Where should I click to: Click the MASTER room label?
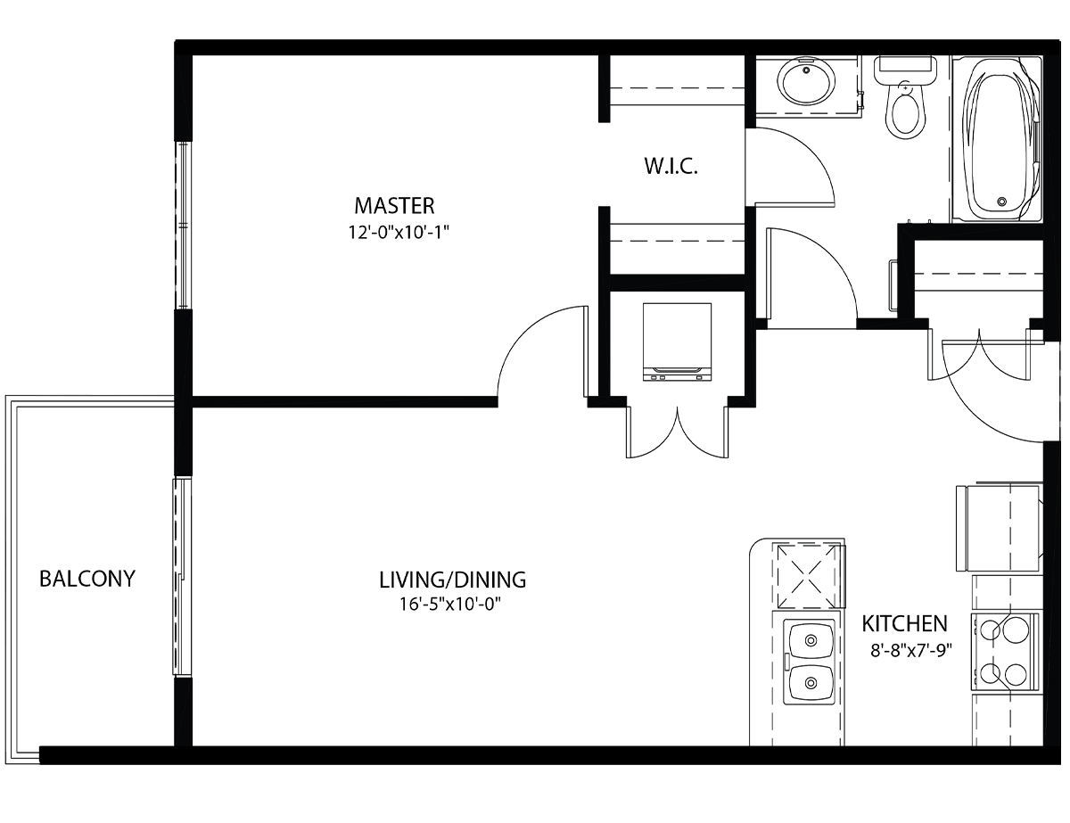click(x=394, y=206)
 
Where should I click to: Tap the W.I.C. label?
click(x=671, y=167)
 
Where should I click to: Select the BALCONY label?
click(x=87, y=579)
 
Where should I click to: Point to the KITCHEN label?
click(x=904, y=623)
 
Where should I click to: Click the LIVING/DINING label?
click(x=453, y=580)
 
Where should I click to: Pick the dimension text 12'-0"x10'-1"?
click(x=399, y=232)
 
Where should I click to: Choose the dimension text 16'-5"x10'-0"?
click(x=450, y=604)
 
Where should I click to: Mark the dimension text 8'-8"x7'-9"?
click(x=911, y=651)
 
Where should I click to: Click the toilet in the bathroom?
click(x=905, y=97)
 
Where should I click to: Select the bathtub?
click(x=997, y=139)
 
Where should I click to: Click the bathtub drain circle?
click(x=1002, y=202)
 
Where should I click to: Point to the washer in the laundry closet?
click(x=677, y=342)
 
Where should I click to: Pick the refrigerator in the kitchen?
click(x=1000, y=528)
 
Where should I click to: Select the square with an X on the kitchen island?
click(x=808, y=575)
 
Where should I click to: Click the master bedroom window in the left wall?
click(x=183, y=225)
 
